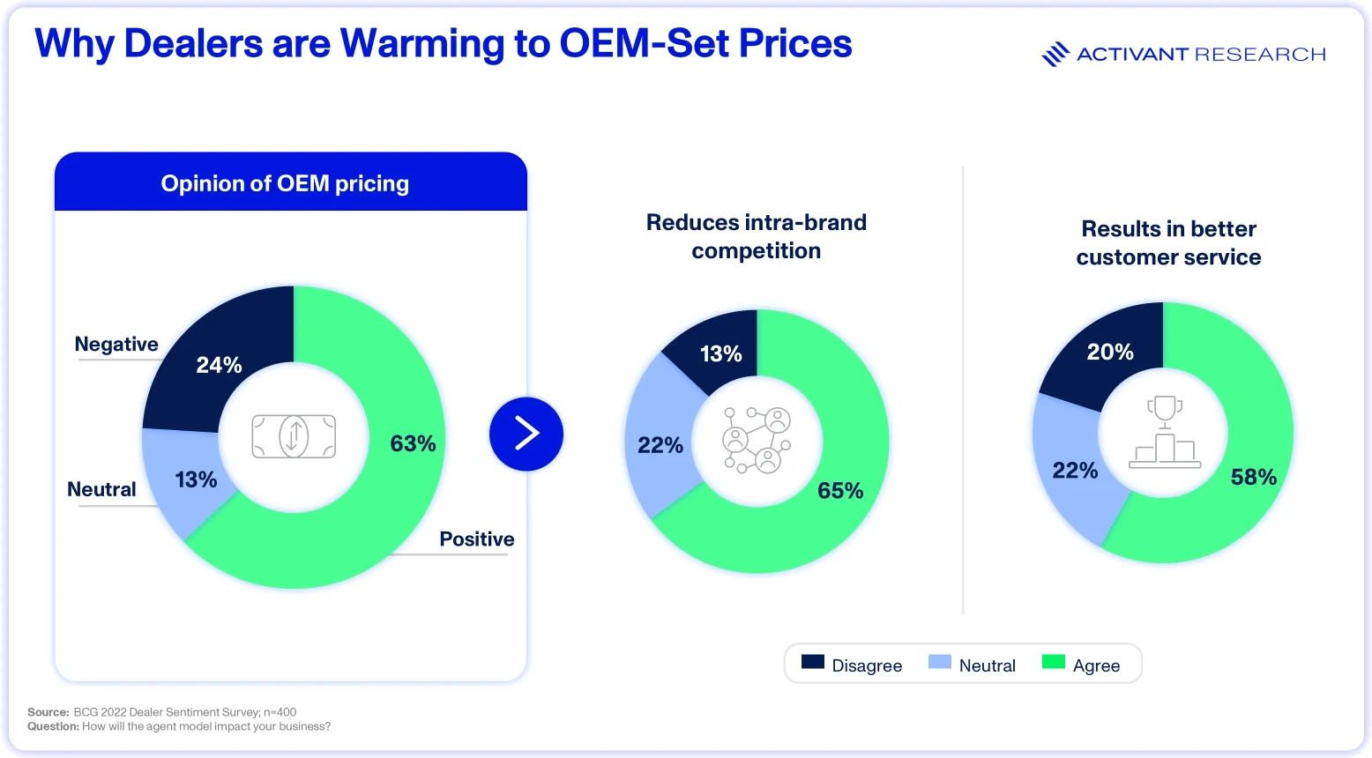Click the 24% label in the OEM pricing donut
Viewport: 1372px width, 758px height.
click(x=219, y=365)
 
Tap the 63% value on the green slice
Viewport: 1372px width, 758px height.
click(x=413, y=443)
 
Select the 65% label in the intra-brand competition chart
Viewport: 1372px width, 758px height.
click(x=840, y=490)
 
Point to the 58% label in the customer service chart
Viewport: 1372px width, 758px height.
click(x=1254, y=477)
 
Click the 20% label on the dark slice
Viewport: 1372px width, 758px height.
click(x=1110, y=352)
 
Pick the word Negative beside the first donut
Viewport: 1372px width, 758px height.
click(x=116, y=344)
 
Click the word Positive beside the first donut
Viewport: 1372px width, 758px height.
click(x=476, y=539)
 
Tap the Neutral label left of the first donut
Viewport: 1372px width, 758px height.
click(x=101, y=489)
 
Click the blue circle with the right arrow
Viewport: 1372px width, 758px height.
click(x=526, y=435)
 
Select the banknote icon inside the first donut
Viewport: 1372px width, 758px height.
click(x=294, y=436)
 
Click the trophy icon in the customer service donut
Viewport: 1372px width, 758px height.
click(x=1165, y=432)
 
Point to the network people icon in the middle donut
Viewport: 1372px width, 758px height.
click(x=757, y=440)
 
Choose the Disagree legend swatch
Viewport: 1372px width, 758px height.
click(x=813, y=662)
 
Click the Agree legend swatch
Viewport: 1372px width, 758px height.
click(x=1054, y=662)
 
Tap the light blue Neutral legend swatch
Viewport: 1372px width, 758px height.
click(x=940, y=662)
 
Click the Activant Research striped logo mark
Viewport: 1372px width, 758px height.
click(x=1055, y=55)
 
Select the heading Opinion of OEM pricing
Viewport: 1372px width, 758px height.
click(x=285, y=183)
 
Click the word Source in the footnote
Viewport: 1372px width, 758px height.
click(x=48, y=712)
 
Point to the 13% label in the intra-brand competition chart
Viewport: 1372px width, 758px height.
click(x=721, y=353)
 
